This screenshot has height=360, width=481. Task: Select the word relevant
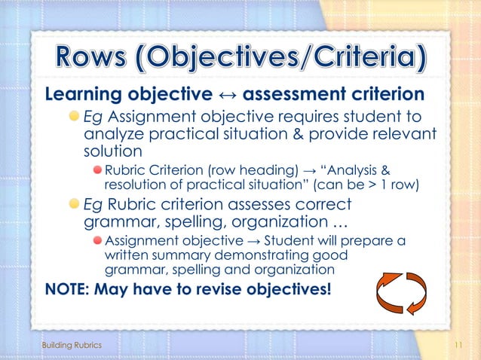(405, 134)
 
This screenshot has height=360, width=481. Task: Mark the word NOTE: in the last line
(66, 289)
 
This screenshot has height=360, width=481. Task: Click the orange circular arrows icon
(400, 293)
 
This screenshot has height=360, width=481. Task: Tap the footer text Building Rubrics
(71, 344)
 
